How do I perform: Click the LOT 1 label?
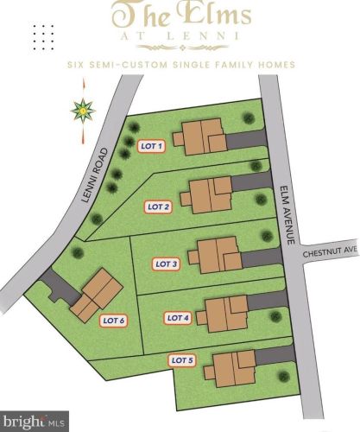click(152, 147)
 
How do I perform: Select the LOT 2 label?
click(158, 206)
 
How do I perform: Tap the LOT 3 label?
click(166, 264)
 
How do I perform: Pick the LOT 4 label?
click(177, 318)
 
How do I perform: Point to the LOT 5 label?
click(183, 359)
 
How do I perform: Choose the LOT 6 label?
click(114, 321)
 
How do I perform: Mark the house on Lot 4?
click(223, 312)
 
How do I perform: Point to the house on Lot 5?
click(229, 368)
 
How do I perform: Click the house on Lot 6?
click(96, 292)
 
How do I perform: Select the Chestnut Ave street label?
click(330, 251)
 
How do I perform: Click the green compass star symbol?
click(83, 111)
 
